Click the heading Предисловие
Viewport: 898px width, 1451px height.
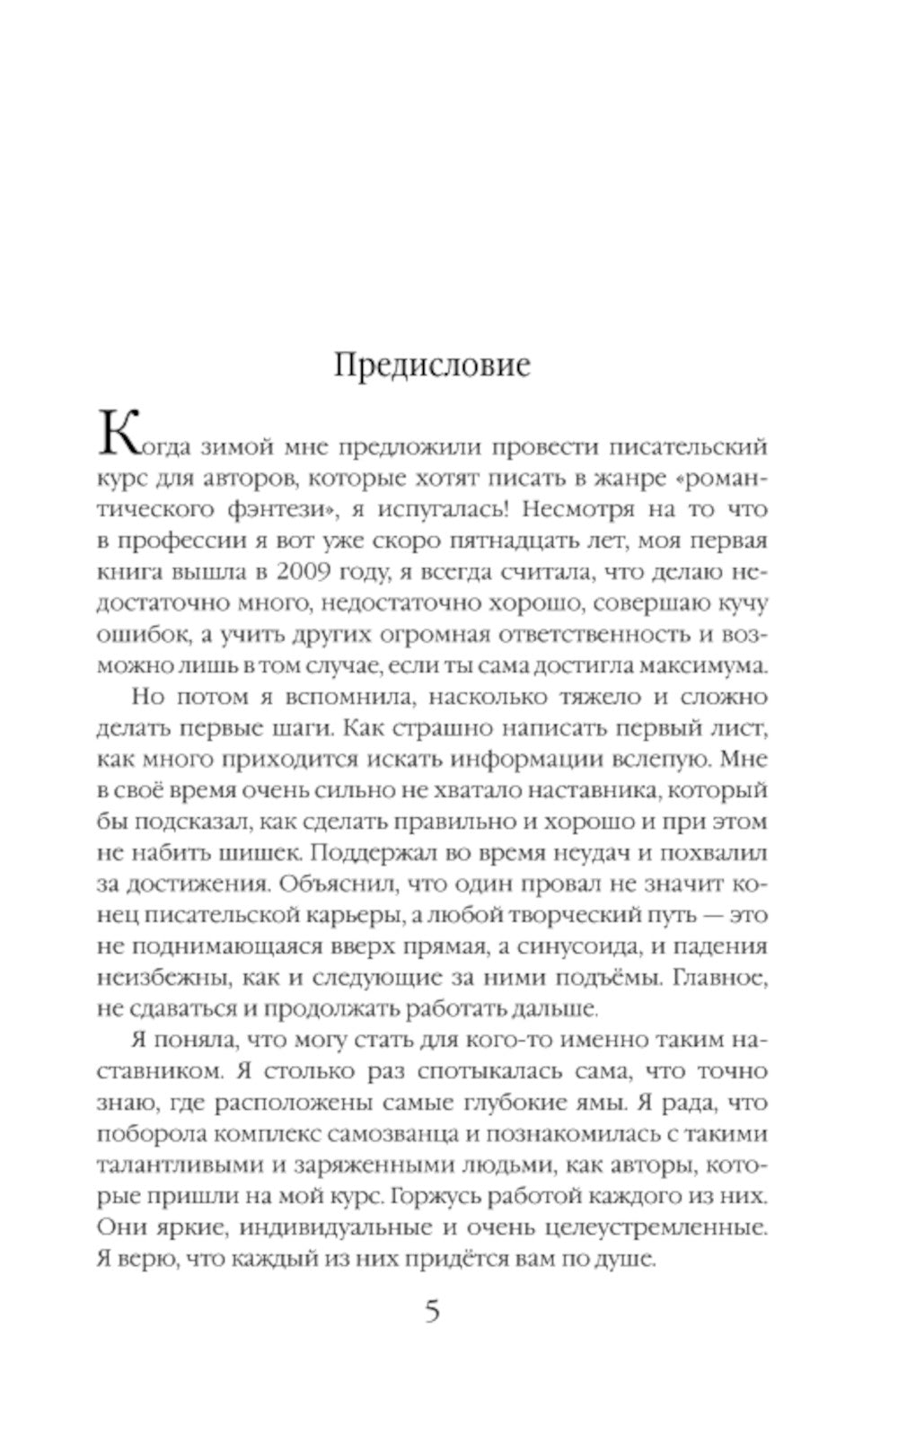pyautogui.click(x=432, y=366)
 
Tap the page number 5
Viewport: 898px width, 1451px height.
pyautogui.click(x=432, y=1312)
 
